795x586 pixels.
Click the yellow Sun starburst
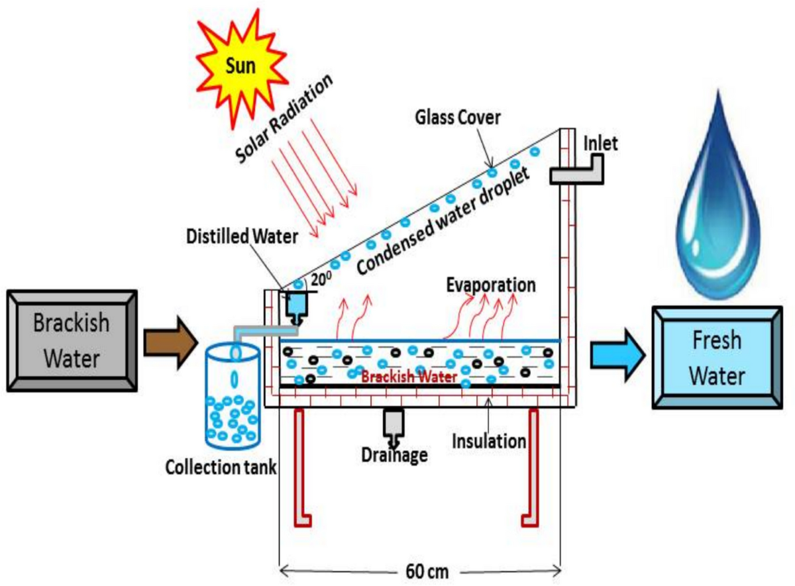point(233,69)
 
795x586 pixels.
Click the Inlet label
point(601,143)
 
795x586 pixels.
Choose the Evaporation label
point(490,285)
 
